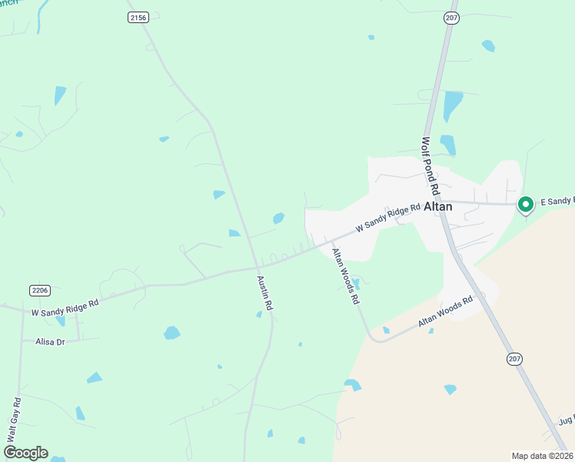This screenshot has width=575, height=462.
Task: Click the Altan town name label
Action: click(x=437, y=207)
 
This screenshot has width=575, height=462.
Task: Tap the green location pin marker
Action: click(x=525, y=204)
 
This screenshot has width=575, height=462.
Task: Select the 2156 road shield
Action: click(x=138, y=17)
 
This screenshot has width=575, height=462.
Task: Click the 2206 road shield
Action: click(x=40, y=290)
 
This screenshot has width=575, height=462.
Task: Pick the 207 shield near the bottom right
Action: click(x=514, y=359)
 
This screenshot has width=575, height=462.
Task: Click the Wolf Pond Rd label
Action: click(x=430, y=166)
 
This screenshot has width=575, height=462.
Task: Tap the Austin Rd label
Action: click(x=265, y=293)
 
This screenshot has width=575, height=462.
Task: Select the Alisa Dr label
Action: click(x=49, y=341)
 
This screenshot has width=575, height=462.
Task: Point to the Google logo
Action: click(x=25, y=453)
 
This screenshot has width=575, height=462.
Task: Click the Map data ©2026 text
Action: click(x=542, y=455)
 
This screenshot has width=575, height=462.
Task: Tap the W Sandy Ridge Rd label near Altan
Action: click(x=387, y=219)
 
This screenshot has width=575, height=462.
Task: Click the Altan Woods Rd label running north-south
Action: click(x=345, y=276)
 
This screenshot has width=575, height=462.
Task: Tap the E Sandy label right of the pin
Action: click(x=557, y=201)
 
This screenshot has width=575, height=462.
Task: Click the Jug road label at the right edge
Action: click(x=567, y=422)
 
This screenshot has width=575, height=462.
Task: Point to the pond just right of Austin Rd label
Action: click(x=260, y=314)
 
